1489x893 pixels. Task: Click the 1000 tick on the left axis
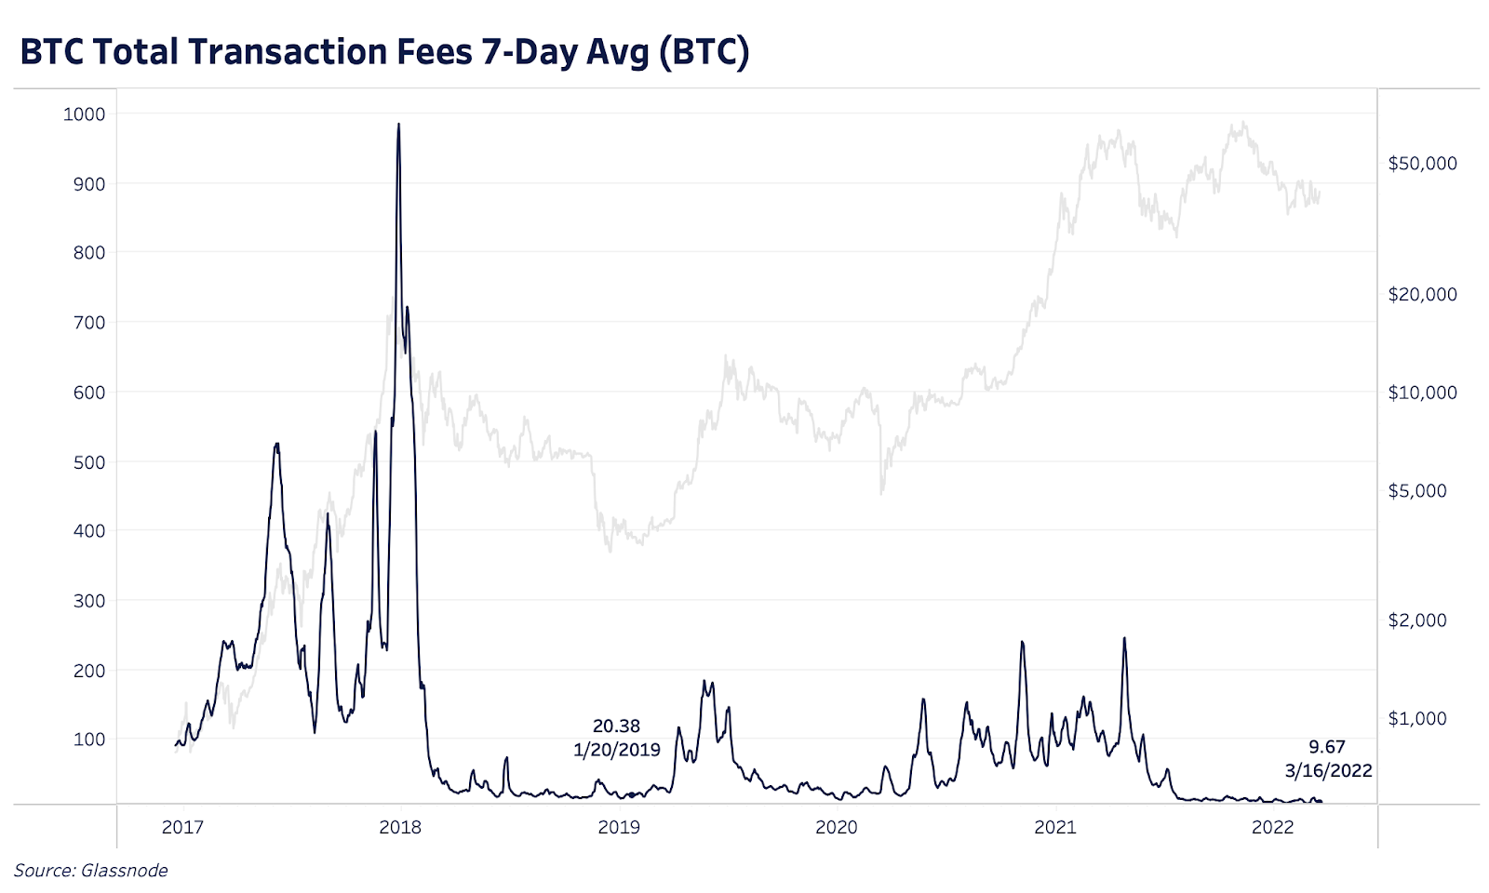coord(84,114)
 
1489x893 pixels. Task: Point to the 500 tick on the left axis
coord(88,462)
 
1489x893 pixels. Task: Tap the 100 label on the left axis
coord(88,740)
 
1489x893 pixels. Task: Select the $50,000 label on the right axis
coord(1422,164)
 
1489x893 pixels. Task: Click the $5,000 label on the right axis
coord(1417,491)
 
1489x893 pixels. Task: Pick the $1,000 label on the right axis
coord(1417,719)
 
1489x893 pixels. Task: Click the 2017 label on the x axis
coord(182,828)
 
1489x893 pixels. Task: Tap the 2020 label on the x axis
coord(837,828)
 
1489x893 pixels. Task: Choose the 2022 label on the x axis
coord(1272,828)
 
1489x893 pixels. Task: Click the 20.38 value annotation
coord(616,726)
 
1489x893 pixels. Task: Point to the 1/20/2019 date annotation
coord(616,750)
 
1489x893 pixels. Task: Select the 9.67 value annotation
coord(1327,747)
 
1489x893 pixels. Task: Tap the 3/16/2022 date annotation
coord(1328,771)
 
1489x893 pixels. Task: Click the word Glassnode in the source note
coord(125,871)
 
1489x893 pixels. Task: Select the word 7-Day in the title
coord(529,52)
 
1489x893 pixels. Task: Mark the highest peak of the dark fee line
coord(398,124)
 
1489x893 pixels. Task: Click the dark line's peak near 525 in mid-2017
coord(276,445)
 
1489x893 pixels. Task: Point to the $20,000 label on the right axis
coord(1422,295)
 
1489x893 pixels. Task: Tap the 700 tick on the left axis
coord(88,323)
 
